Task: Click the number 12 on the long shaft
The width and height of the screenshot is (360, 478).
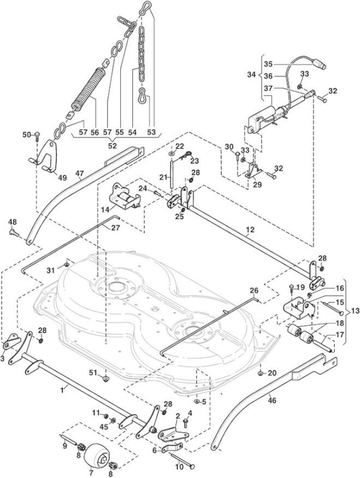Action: (x=249, y=229)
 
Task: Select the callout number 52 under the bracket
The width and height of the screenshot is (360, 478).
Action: (x=112, y=146)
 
